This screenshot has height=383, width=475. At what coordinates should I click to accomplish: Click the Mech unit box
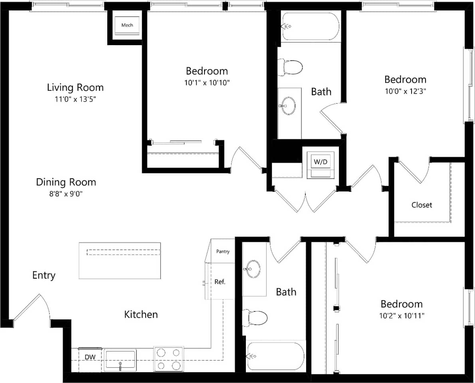click(x=127, y=26)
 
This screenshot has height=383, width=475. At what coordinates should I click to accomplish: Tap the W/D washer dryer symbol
click(x=321, y=162)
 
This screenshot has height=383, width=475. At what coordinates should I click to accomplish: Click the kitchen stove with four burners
click(x=168, y=359)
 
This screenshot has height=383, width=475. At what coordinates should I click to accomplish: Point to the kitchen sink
click(x=120, y=360)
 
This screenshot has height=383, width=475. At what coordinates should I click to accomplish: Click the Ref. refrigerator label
click(x=220, y=281)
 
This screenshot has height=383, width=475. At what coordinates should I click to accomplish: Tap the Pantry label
click(x=223, y=251)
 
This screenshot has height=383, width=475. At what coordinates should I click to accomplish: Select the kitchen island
click(x=120, y=261)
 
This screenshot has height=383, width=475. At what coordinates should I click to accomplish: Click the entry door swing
click(x=30, y=308)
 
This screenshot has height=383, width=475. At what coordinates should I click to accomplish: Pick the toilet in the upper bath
click(x=291, y=67)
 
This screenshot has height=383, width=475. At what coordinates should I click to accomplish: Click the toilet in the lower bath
click(x=255, y=318)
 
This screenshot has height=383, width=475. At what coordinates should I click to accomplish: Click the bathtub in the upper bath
click(x=310, y=26)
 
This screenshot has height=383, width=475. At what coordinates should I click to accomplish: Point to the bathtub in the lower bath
click(x=275, y=356)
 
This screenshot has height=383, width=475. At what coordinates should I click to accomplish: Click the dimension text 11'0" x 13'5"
click(x=75, y=99)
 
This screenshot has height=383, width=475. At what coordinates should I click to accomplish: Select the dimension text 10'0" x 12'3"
click(x=405, y=91)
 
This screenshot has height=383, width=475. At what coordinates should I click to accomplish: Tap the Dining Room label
click(x=66, y=182)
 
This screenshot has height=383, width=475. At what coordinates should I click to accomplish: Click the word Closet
click(x=422, y=205)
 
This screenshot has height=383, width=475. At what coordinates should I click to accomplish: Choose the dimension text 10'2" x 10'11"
click(x=402, y=315)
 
